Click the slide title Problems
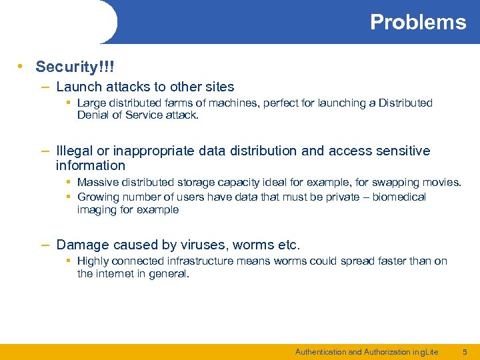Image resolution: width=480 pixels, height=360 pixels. click(x=418, y=22)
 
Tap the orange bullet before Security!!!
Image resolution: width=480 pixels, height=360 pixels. click(x=22, y=67)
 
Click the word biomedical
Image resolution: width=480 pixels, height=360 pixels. click(x=401, y=197)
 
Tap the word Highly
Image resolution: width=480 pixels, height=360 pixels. click(x=93, y=261)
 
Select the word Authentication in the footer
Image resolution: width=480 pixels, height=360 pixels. click(x=320, y=351)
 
